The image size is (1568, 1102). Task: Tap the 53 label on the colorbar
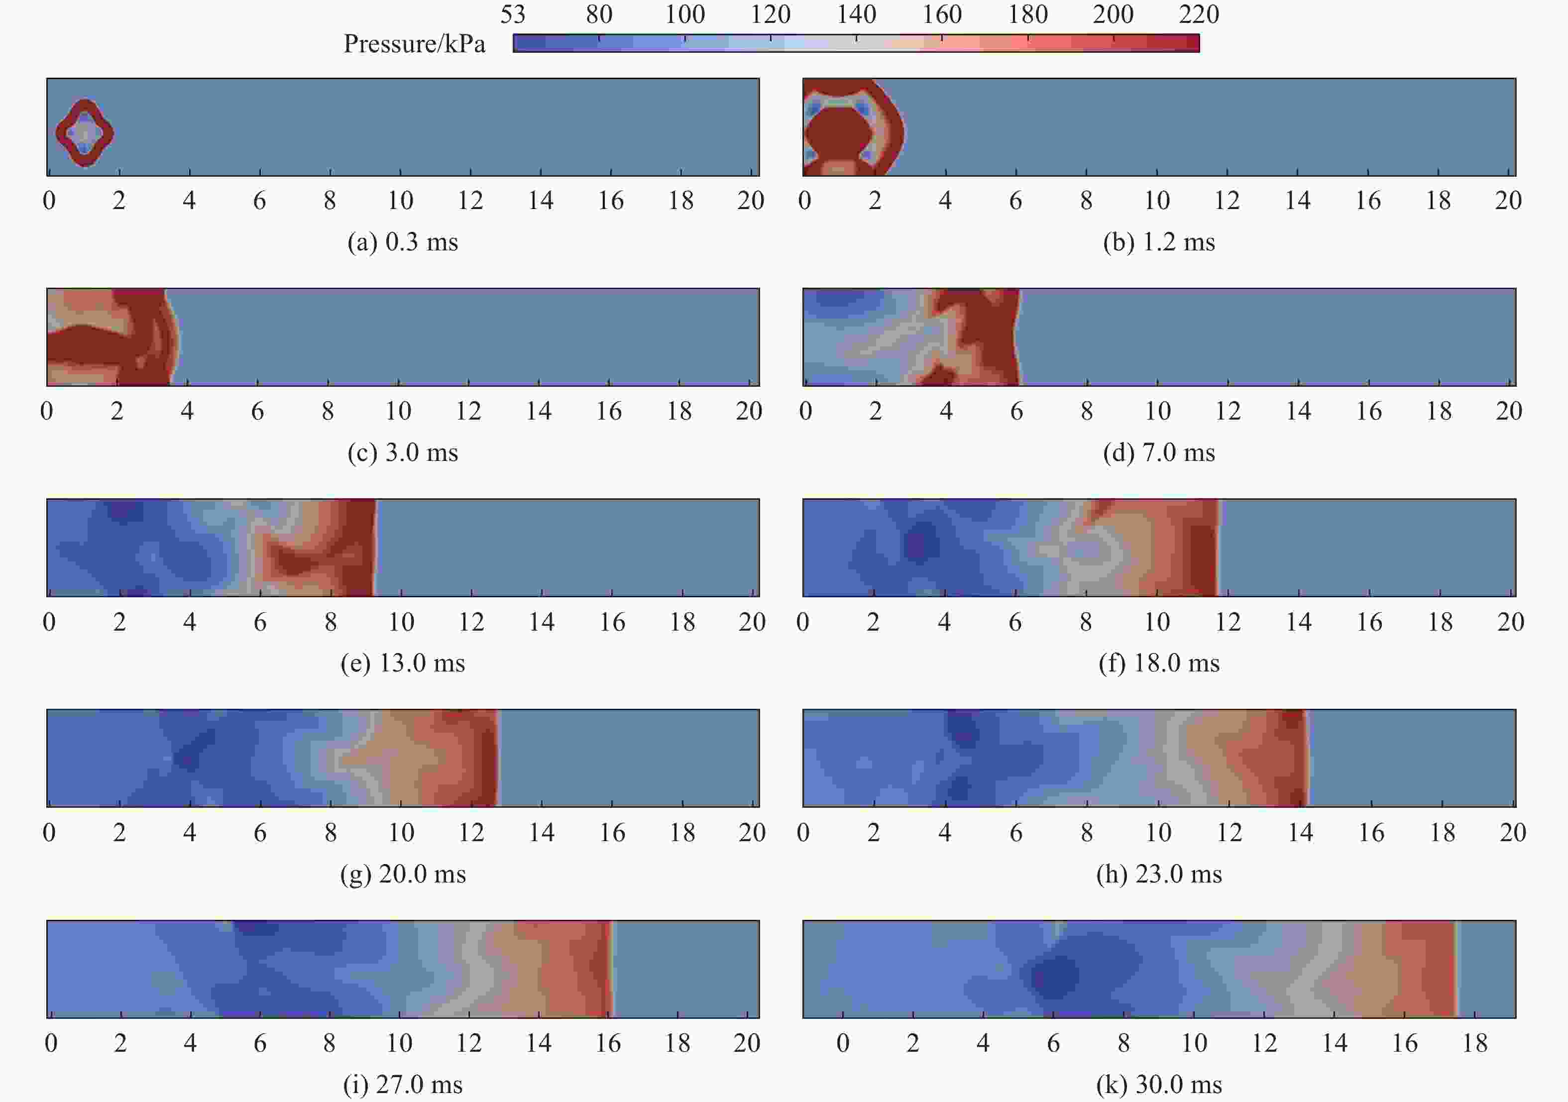[x=512, y=14]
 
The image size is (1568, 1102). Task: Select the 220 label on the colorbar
[x=1199, y=14]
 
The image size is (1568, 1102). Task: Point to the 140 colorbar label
[x=856, y=14]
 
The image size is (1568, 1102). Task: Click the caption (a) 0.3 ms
[x=402, y=242]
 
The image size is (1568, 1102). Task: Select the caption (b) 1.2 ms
[x=1159, y=242]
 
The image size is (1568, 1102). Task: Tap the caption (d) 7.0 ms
[x=1159, y=452]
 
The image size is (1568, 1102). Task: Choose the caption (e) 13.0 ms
[x=402, y=663]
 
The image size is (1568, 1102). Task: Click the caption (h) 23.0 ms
[x=1159, y=874]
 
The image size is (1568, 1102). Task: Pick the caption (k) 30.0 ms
[x=1159, y=1084]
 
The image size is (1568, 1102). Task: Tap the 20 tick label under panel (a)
[x=751, y=201]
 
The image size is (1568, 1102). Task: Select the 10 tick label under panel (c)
[x=398, y=411]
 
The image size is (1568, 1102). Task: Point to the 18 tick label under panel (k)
[x=1474, y=1043]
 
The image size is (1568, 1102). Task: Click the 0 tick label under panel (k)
[x=843, y=1043]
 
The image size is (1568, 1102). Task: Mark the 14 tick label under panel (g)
[x=541, y=832]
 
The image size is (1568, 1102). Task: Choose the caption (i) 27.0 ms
[x=402, y=1084]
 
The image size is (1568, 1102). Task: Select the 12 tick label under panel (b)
[x=1227, y=201]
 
